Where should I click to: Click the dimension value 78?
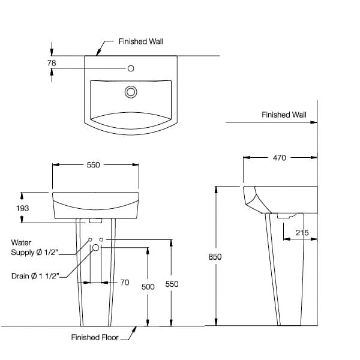(x=52, y=62)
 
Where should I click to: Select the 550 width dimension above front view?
(x=93, y=165)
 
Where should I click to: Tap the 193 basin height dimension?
(x=23, y=208)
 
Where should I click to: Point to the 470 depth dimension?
(x=280, y=158)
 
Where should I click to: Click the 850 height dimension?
(x=215, y=257)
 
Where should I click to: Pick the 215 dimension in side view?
(x=302, y=232)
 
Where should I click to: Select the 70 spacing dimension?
(x=125, y=282)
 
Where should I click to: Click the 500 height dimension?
(x=148, y=287)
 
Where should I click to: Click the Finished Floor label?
(x=95, y=337)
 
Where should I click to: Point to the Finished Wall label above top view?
(x=141, y=41)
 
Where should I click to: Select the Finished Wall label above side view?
(x=284, y=115)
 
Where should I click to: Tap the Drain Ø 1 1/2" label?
(x=35, y=276)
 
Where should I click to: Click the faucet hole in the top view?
(x=131, y=68)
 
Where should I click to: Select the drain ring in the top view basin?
(x=130, y=92)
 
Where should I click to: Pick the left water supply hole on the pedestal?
(x=90, y=239)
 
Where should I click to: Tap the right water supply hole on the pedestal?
(x=101, y=239)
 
